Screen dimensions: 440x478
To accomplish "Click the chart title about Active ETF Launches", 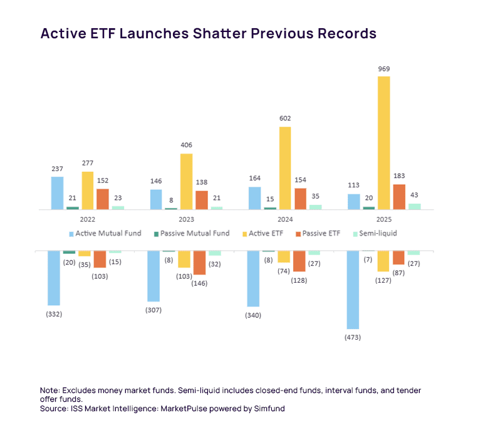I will [x=208, y=33].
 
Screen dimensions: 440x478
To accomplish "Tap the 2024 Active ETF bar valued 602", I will [x=284, y=168].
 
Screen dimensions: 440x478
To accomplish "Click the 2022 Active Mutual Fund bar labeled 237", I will [x=57, y=193].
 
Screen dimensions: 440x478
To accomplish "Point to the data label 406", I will [x=186, y=145].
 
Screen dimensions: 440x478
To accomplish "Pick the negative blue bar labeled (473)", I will [x=353, y=290].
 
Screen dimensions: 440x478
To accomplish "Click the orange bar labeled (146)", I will [x=199, y=263].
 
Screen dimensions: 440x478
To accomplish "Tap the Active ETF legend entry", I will [x=262, y=233].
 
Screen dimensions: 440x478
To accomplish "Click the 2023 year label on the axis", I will [x=186, y=219].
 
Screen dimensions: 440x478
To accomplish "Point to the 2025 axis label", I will [x=383, y=219].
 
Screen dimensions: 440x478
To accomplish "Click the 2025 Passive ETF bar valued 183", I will [x=399, y=197].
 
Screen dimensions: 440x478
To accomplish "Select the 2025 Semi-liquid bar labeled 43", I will [x=414, y=206].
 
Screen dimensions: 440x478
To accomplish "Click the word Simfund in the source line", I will [x=274, y=409].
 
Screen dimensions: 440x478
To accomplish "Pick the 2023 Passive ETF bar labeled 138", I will [x=202, y=200].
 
